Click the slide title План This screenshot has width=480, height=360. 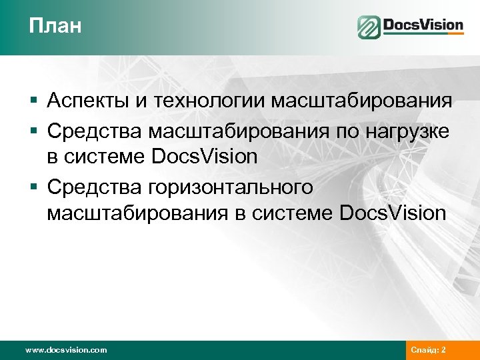click(55, 27)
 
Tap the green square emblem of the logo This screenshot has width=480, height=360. click(368, 27)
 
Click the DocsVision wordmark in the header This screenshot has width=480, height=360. click(423, 26)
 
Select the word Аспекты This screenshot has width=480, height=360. click(91, 101)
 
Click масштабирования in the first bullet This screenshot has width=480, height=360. click(361, 101)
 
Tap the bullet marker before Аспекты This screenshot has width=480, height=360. click(33, 101)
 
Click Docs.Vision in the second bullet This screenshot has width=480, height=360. click(205, 157)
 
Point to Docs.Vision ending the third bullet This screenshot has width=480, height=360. click(392, 213)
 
